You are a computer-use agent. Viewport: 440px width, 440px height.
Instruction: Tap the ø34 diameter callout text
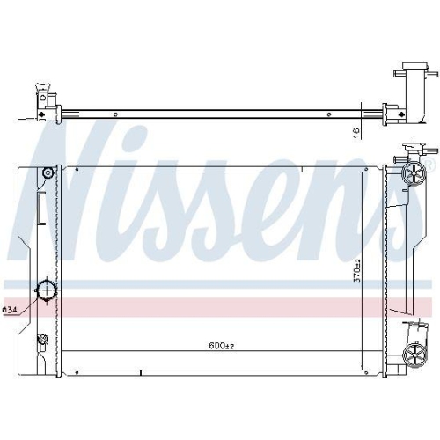[x=11, y=310]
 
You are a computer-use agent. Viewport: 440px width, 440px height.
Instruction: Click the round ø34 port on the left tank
[x=44, y=292]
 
